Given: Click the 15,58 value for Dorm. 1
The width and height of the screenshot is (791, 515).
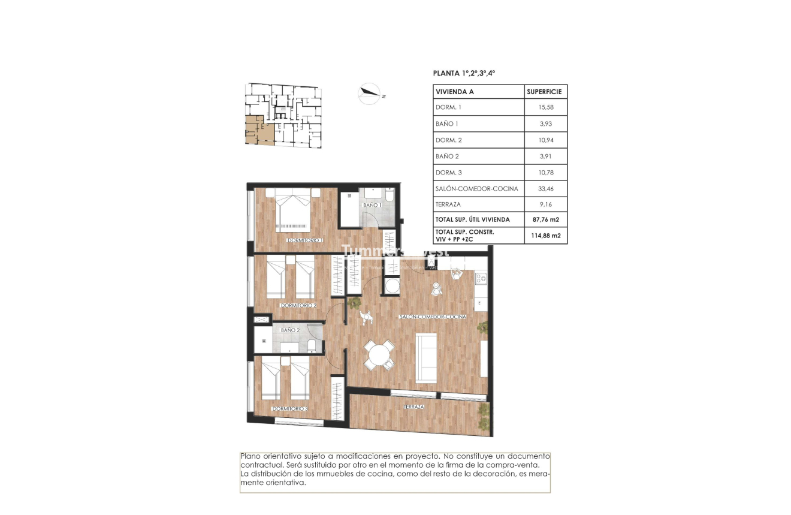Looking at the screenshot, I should point(545,107).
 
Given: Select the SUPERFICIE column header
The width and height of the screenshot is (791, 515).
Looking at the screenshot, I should point(545,92).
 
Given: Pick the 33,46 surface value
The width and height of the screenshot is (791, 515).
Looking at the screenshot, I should point(545,188).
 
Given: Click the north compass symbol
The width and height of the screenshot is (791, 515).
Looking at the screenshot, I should point(370,93).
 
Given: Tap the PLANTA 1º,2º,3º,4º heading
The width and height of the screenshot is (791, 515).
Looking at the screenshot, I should point(464,73).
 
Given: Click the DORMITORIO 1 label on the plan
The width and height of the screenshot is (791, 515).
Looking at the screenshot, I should point(305,240).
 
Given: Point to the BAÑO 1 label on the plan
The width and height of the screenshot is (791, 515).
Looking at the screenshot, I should point(372,205).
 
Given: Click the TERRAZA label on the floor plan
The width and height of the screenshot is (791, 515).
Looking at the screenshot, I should point(413,406).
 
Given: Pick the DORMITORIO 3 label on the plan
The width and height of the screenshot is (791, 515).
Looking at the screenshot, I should point(290,409).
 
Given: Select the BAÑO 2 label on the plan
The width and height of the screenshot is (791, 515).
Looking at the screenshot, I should point(290,330).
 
